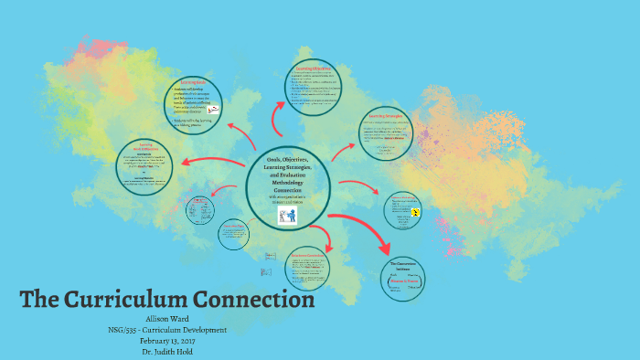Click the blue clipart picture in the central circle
(288, 216)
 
